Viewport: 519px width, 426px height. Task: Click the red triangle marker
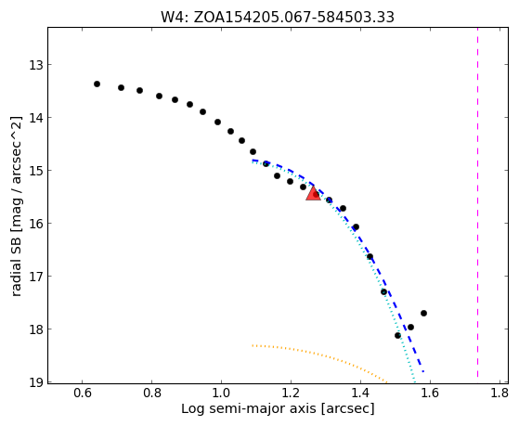click(x=313, y=194)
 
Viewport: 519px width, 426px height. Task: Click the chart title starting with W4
click(x=278, y=17)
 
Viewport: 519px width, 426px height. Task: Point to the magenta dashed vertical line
click(x=477, y=202)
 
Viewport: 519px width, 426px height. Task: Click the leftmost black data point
click(x=97, y=84)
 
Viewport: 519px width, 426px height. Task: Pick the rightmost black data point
click(x=423, y=313)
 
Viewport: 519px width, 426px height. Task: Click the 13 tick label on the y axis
click(x=36, y=65)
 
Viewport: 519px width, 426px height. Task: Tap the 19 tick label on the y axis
click(x=36, y=382)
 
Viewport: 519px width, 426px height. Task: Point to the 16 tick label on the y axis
click(x=36, y=224)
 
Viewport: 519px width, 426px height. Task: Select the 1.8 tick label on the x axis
click(x=500, y=393)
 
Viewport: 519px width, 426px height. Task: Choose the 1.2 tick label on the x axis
click(x=291, y=393)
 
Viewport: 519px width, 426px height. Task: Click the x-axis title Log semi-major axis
click(x=278, y=409)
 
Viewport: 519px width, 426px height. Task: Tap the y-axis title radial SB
click(x=17, y=206)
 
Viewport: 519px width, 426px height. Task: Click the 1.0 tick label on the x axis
click(x=222, y=393)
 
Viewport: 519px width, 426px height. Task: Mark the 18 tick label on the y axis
click(x=36, y=329)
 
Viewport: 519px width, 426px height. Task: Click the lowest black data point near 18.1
click(x=398, y=335)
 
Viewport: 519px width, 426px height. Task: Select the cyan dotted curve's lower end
click(x=414, y=382)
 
